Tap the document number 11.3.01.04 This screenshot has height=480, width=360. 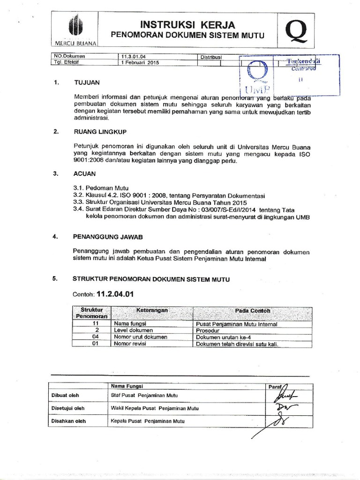click(x=134, y=56)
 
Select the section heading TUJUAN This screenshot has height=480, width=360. click(x=87, y=82)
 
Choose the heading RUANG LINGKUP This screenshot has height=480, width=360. click(x=100, y=132)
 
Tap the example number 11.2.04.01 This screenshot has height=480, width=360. click(x=116, y=295)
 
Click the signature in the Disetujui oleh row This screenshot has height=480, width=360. click(x=284, y=407)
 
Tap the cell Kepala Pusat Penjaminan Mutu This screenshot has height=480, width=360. click(x=147, y=421)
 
